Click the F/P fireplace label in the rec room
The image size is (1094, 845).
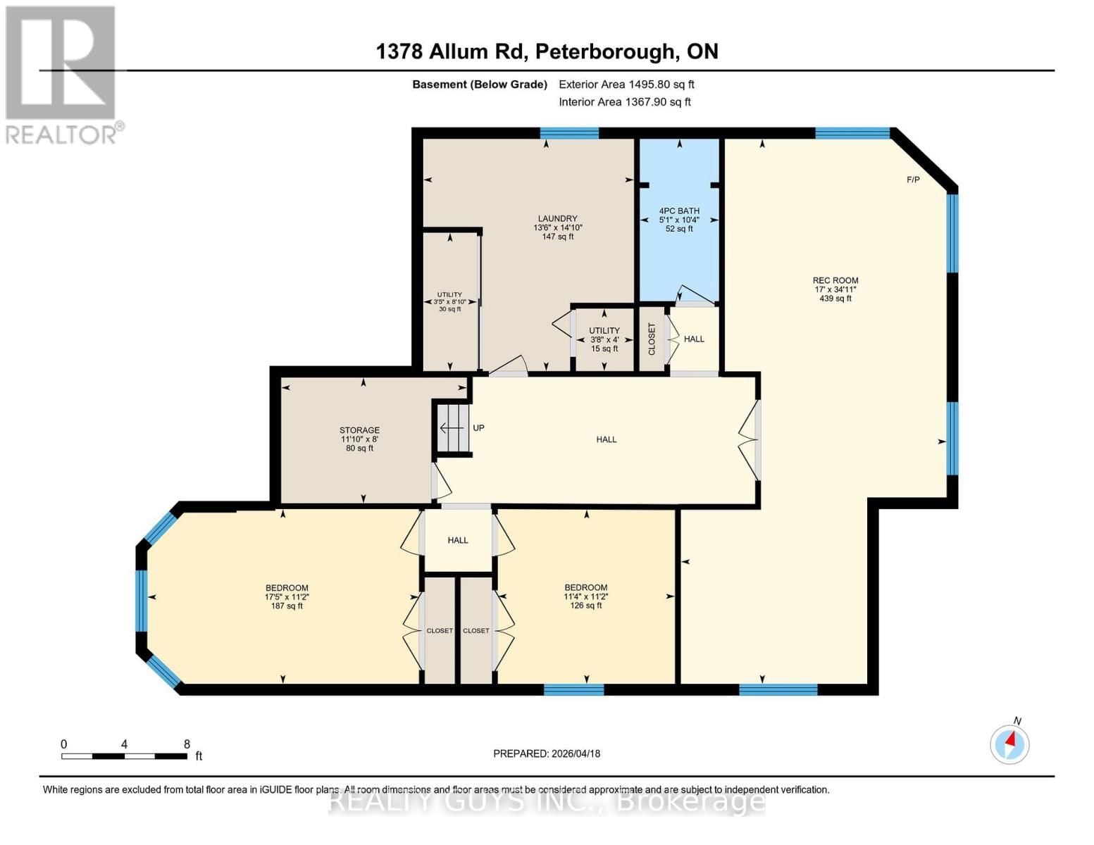point(913,180)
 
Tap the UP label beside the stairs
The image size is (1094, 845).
point(478,428)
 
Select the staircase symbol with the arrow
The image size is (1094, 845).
point(452,428)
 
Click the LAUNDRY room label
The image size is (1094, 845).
point(557,219)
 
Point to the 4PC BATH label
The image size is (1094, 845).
point(679,211)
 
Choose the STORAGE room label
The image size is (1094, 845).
point(359,430)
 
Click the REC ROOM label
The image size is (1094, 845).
point(835,280)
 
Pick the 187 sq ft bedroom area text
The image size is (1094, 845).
point(287,606)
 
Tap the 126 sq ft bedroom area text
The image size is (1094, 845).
point(586,606)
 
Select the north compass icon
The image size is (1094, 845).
point(1009,743)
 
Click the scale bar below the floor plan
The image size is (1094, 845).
point(124,756)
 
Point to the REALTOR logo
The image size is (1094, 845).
point(61,74)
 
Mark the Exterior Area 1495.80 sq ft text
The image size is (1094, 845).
point(626,84)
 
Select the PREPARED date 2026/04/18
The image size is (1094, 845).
point(547,753)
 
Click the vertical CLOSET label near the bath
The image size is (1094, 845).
point(652,339)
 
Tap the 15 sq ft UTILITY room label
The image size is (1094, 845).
point(604,339)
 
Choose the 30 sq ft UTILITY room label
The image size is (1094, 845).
point(449,302)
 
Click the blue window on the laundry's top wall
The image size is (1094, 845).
point(569,133)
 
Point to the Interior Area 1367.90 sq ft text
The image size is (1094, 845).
point(624,102)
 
